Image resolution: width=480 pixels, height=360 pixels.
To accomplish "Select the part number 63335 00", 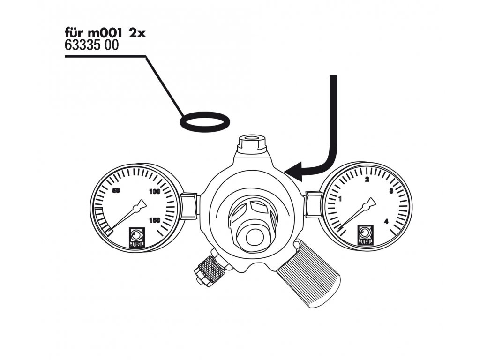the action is click(x=88, y=46).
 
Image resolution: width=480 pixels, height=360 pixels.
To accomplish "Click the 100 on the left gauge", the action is click(x=155, y=192).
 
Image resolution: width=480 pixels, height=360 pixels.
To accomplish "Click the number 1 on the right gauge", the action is click(x=341, y=199).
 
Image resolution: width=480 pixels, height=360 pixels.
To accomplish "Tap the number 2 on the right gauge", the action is click(x=367, y=180).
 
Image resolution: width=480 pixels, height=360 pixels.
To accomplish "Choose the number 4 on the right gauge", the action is click(x=386, y=221).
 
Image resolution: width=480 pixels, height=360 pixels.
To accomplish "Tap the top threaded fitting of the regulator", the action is click(x=252, y=143).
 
